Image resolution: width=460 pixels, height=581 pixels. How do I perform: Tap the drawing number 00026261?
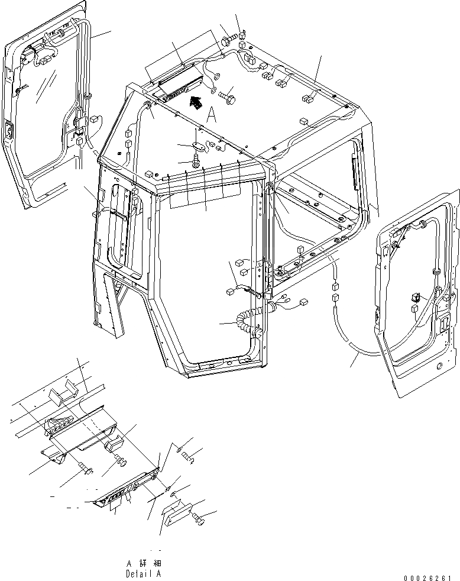[430, 574]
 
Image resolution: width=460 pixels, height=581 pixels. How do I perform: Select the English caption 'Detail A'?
[143, 573]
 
